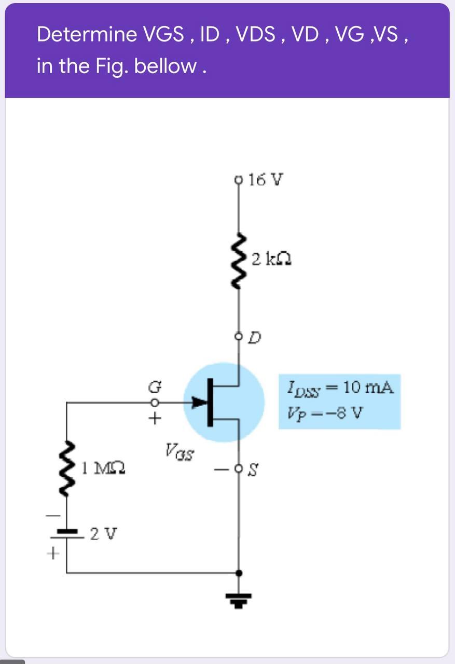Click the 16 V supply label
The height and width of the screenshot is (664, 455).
click(x=266, y=180)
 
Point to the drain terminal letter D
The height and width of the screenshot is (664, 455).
click(x=255, y=339)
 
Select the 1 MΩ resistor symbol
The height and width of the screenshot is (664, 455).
click(x=68, y=469)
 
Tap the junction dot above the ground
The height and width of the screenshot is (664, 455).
click(x=238, y=573)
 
